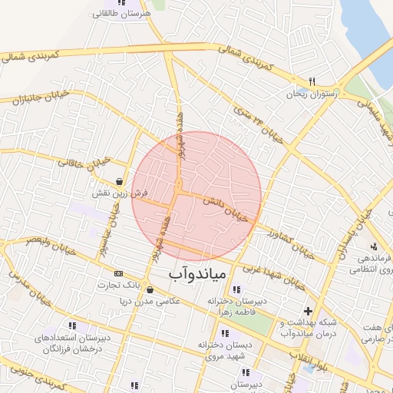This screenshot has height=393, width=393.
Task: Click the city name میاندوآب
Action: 195,272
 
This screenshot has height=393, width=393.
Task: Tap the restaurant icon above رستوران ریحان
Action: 312,81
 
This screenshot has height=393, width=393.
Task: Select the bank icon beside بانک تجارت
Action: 118,273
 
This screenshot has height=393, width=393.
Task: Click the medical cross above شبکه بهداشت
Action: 308,311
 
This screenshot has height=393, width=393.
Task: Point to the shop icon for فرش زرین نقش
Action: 119,182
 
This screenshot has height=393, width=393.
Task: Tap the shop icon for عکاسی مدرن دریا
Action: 149,290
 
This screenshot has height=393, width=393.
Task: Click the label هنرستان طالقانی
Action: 120,14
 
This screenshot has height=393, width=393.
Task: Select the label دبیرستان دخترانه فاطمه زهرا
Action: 240,306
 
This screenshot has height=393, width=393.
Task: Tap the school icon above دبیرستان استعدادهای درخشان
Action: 72,326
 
